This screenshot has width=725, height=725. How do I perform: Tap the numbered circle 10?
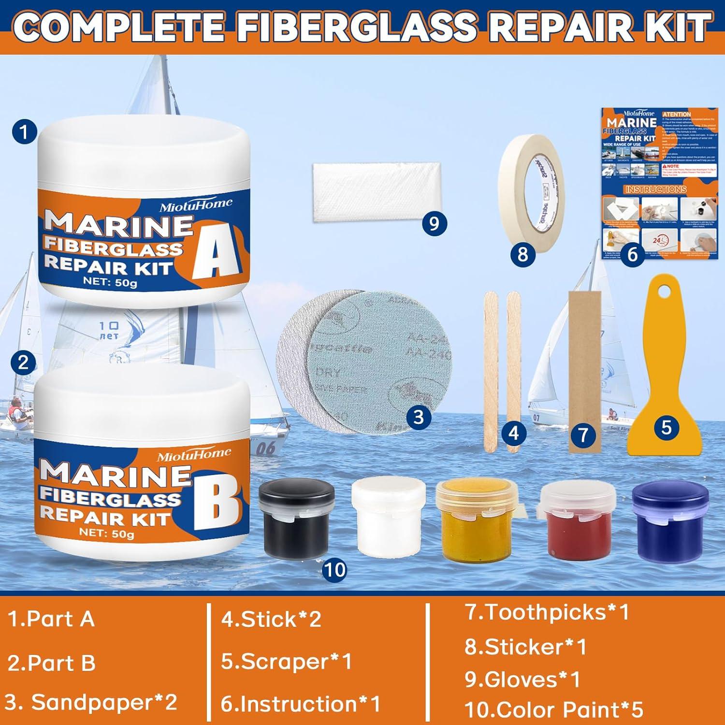[x=334, y=569]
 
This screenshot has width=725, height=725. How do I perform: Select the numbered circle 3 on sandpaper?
[x=419, y=417]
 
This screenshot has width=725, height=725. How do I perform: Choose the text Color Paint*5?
[x=553, y=709]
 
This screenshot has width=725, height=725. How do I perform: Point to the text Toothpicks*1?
[x=547, y=612]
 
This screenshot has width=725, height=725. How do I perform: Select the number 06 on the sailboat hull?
[x=265, y=449]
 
